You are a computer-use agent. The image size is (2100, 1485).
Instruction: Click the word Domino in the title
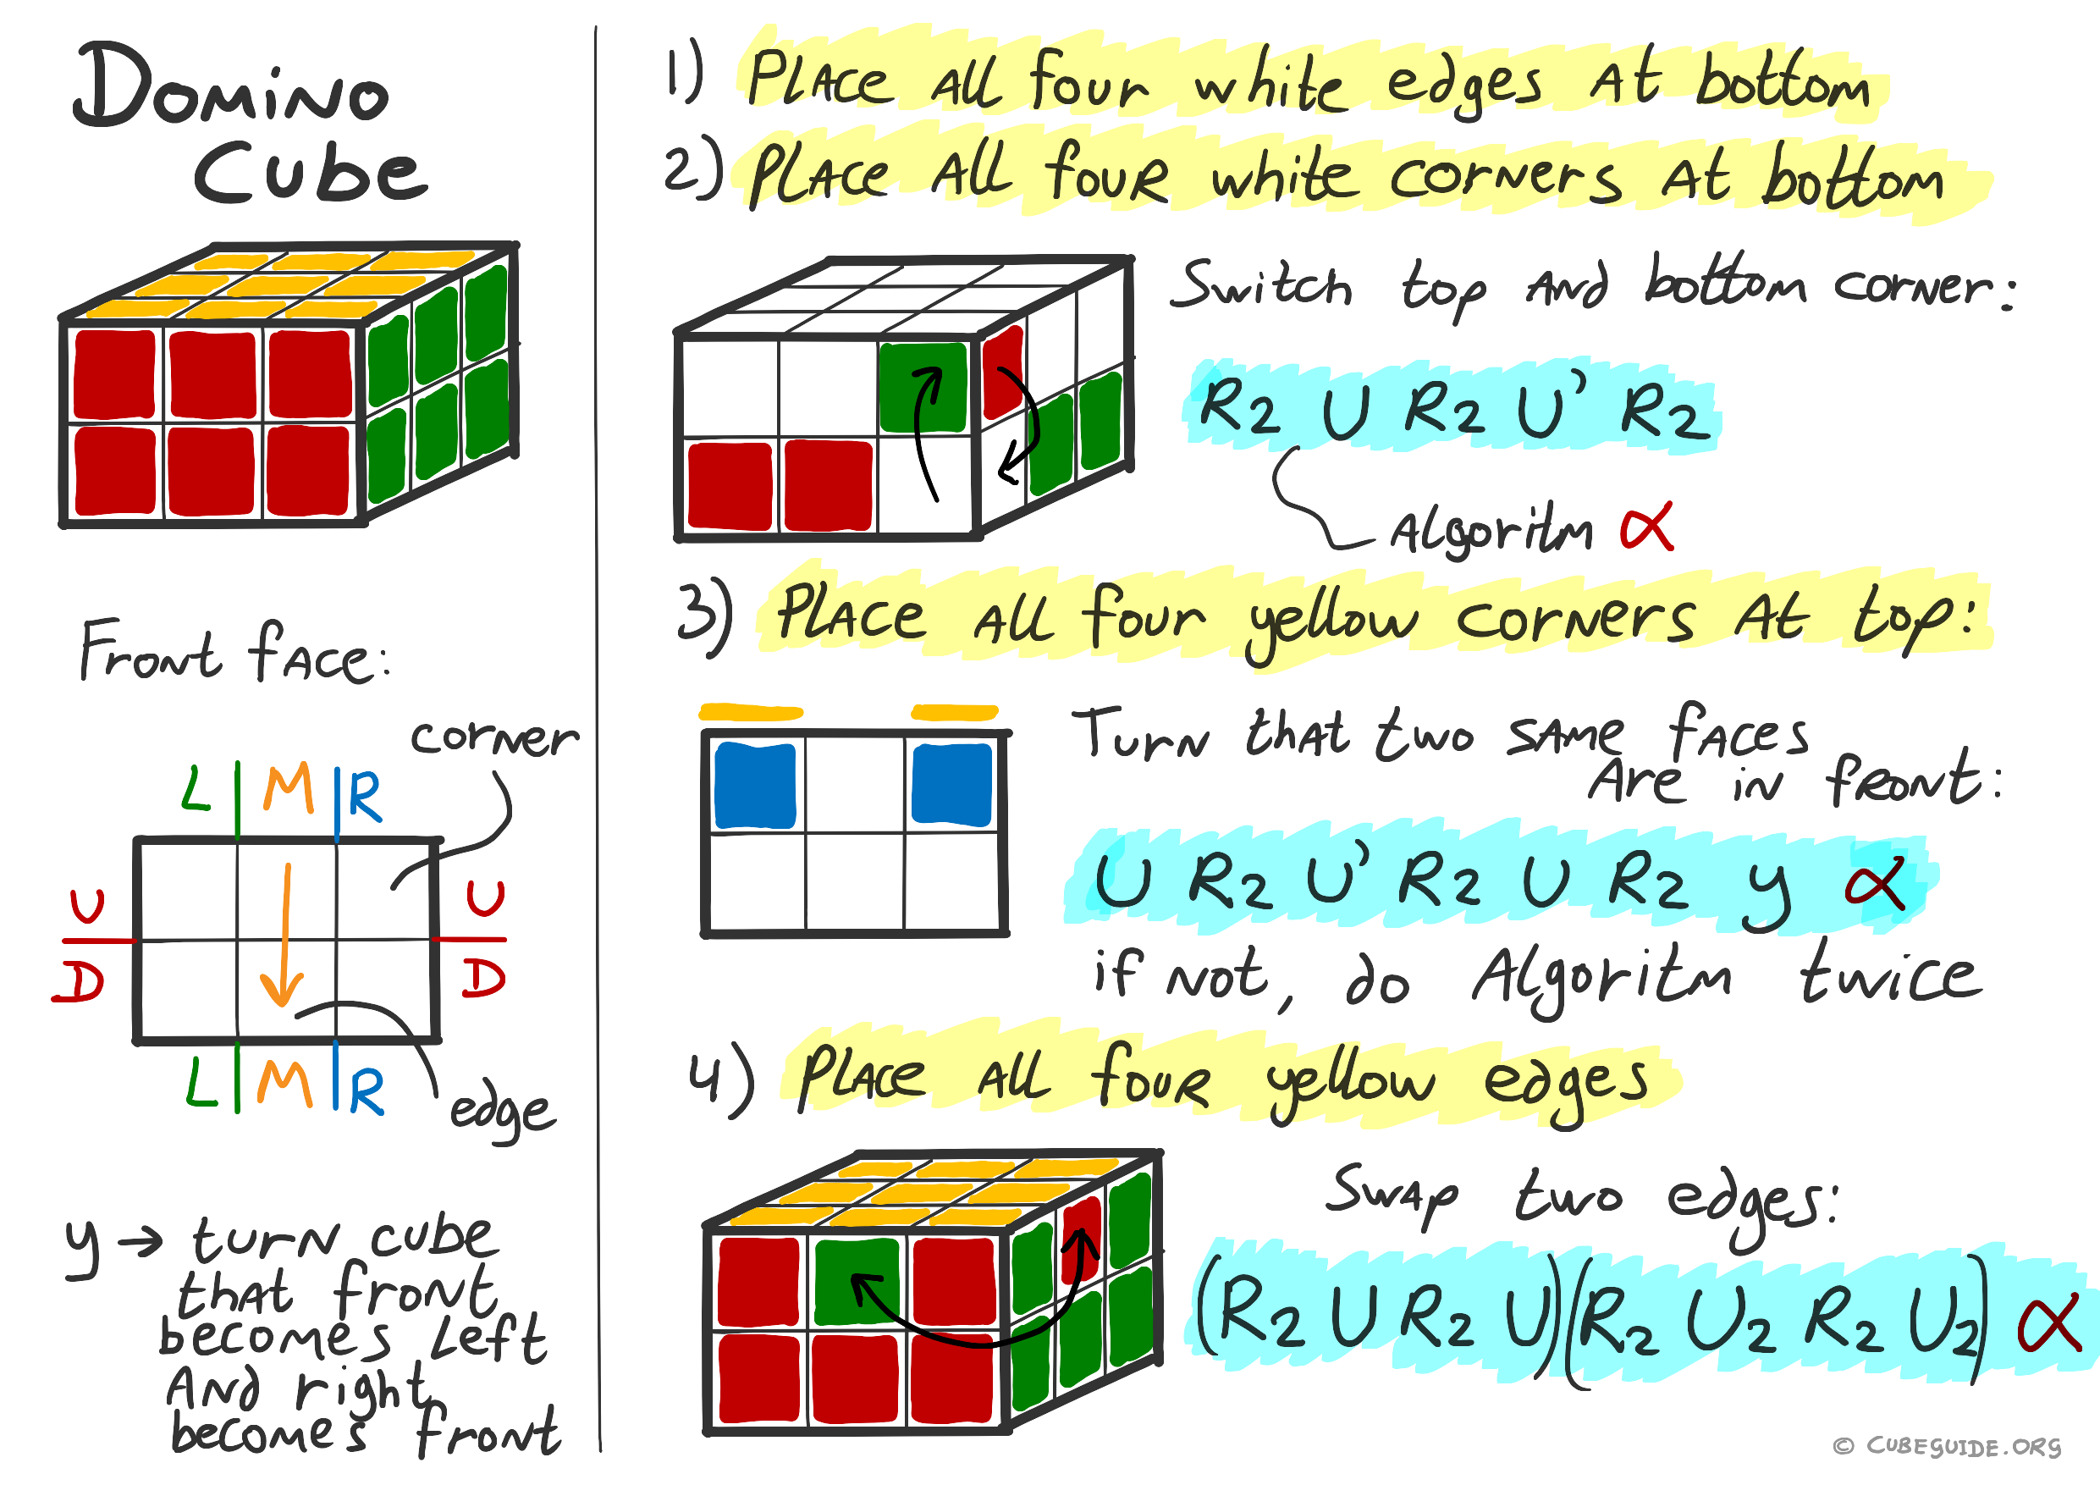[x=231, y=87]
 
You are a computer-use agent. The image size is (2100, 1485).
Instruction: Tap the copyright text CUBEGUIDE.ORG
[x=1962, y=1446]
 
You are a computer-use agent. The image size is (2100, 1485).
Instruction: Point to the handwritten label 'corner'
[x=494, y=737]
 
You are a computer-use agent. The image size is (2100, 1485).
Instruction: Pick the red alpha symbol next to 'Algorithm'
[x=1646, y=526]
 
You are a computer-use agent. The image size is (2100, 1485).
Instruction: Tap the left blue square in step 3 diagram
[x=754, y=786]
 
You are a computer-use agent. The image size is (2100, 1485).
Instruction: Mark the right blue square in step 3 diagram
[x=952, y=785]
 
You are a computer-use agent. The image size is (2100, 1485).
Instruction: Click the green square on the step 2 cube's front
[x=923, y=387]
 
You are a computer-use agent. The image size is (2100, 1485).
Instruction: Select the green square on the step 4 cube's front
[x=857, y=1281]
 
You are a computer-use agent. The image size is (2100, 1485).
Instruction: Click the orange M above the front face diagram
[x=288, y=789]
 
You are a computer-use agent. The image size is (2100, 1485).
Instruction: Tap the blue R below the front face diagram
[x=366, y=1090]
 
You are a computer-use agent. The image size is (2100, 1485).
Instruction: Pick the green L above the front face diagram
[x=196, y=791]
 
